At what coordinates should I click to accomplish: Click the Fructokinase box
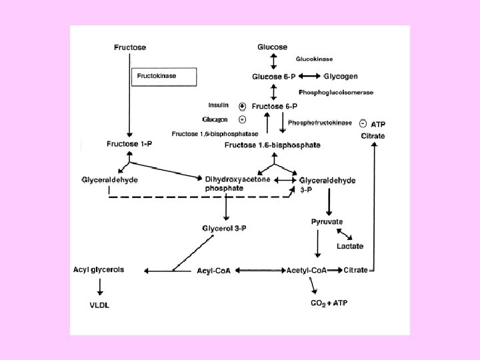163,77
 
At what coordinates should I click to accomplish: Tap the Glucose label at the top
273,47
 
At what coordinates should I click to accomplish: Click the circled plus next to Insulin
242,106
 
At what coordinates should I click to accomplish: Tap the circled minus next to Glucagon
242,119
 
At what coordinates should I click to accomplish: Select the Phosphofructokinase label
320,123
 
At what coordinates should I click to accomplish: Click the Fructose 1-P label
129,144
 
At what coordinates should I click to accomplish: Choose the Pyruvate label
327,221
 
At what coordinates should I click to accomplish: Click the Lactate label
350,246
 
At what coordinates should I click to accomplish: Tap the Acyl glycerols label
98,270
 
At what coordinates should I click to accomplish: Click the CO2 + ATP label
329,303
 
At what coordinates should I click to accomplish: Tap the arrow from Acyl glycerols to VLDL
100,287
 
